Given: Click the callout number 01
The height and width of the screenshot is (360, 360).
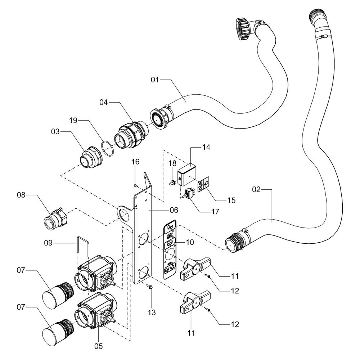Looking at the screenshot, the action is [155, 80].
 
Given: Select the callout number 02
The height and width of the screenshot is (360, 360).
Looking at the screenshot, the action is [256, 189].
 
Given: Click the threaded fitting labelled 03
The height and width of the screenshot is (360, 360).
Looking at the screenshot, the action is [90, 157].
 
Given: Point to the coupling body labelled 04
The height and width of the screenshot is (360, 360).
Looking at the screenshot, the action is [131, 135].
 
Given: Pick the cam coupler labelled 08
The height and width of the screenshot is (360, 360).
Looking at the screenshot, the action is [55, 219].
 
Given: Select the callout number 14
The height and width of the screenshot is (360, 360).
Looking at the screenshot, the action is [206, 147].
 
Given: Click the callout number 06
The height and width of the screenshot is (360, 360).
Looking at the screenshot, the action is [174, 210].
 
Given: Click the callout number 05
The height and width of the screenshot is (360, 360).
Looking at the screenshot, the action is [99, 346].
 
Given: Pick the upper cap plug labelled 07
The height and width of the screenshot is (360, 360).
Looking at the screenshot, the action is [58, 295].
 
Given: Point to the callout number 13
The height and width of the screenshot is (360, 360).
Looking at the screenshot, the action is [152, 312].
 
